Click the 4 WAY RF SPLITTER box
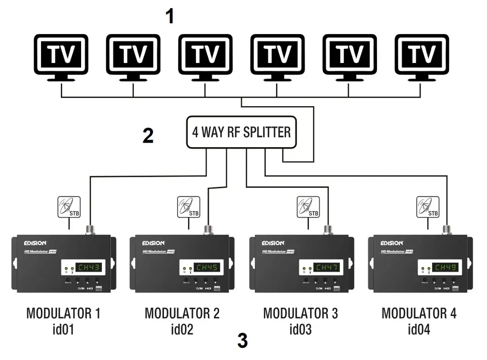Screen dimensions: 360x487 click(x=241, y=133)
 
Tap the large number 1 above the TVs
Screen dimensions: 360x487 click(x=170, y=16)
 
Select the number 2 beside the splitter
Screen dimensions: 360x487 click(x=148, y=136)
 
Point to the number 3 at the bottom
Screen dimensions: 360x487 click(x=242, y=341)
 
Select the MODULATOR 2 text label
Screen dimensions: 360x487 click(x=182, y=313)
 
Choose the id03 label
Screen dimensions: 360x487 click(x=300, y=330)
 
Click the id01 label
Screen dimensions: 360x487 click(x=63, y=330)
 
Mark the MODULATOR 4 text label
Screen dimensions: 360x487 click(x=419, y=313)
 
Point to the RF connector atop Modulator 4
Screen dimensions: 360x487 click(x=446, y=229)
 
